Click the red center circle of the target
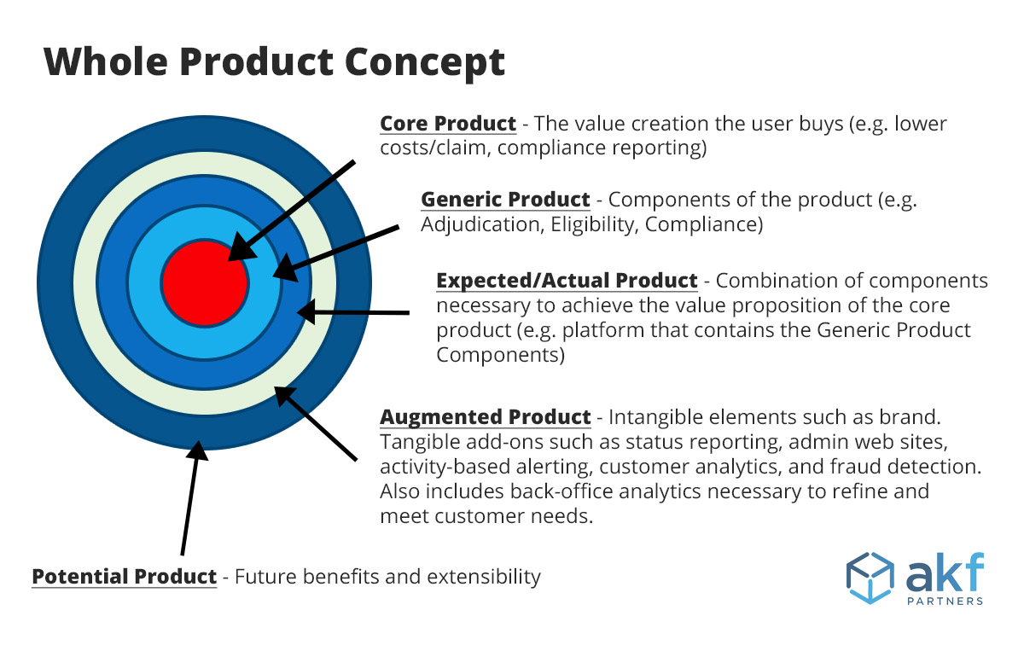(205, 283)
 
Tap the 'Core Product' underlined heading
(448, 124)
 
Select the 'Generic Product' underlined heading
(505, 200)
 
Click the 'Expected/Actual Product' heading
(567, 281)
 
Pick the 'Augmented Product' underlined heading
(486, 417)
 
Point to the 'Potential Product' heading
(125, 577)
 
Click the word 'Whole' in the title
(106, 61)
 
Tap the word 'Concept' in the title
(425, 63)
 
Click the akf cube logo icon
(870, 578)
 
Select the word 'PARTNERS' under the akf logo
(945, 601)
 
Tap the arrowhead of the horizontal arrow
(305, 312)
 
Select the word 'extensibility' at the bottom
(484, 577)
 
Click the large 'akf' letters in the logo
(945, 572)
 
